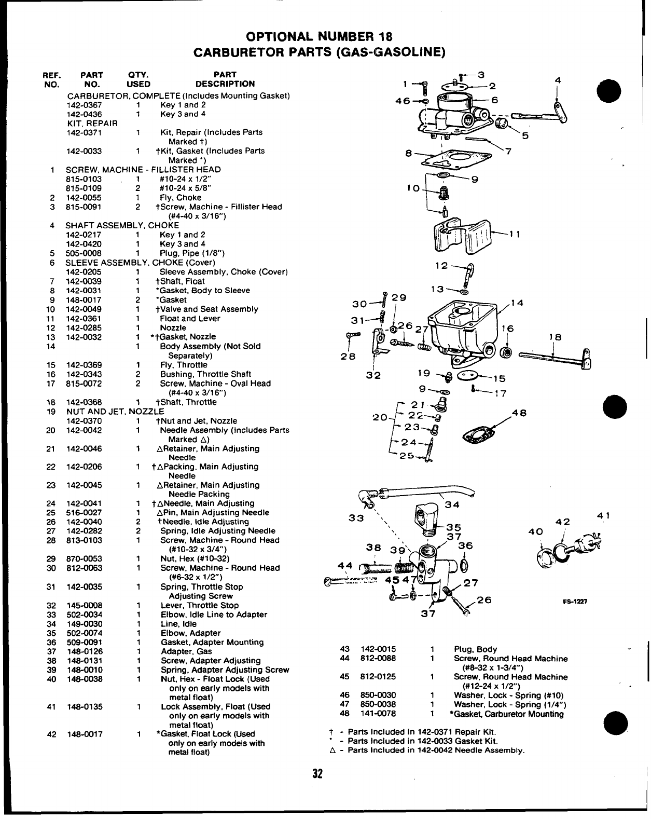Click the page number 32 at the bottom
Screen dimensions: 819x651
coord(317,774)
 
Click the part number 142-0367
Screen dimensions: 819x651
coord(84,105)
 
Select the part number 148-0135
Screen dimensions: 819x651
coord(84,706)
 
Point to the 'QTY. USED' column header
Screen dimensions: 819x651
coord(138,79)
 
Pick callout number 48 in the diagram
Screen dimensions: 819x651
coord(519,413)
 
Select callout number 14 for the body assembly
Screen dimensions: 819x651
coord(517,304)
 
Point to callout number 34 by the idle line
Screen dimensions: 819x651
coord(452,504)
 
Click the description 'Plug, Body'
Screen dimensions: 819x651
coord(475,649)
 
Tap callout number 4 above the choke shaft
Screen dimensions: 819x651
coord(558,80)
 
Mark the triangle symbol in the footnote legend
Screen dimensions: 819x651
coord(332,750)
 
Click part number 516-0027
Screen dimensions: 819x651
coord(84,513)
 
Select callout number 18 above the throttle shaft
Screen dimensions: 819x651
coord(555,337)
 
